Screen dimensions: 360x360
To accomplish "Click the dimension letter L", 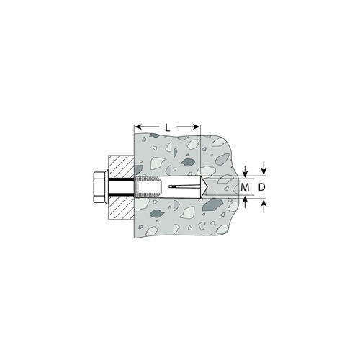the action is pos(168,127).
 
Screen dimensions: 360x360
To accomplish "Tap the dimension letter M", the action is pos(245,187).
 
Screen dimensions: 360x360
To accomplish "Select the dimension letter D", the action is pos(261,187).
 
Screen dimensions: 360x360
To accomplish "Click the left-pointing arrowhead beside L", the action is pos(138,127).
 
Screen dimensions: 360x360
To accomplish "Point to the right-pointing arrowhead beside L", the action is pos(196,127).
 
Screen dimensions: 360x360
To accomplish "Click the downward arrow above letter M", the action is pos(245,171).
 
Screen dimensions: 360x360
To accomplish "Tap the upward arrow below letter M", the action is pos(245,202).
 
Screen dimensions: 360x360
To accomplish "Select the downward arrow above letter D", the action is pos(264,168).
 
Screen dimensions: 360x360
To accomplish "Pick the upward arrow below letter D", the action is pos(264,206).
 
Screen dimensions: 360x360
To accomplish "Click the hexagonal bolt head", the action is pos(99,187).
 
